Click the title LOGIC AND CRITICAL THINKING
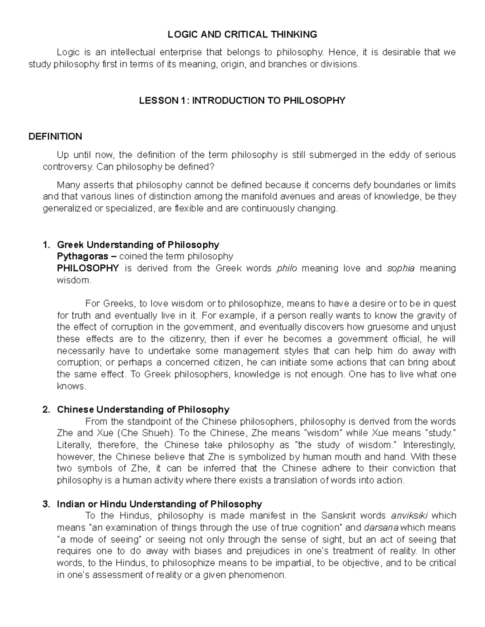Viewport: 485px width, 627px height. coord(242,35)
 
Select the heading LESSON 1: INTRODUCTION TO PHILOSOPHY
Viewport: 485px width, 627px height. coord(242,101)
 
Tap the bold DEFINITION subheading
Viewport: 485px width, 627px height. coord(55,136)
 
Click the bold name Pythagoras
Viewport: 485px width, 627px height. coord(82,256)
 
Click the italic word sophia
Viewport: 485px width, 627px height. coord(401,268)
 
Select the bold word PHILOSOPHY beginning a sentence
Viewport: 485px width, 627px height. coord(88,268)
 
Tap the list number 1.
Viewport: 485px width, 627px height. coord(46,245)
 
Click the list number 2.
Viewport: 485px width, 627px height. coord(46,409)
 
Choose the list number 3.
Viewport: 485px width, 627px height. coord(46,504)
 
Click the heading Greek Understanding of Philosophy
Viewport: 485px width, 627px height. coord(138,245)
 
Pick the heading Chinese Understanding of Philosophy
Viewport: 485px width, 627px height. coord(143,409)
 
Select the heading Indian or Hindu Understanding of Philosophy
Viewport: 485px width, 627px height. coord(159,504)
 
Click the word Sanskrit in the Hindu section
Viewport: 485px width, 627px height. coord(338,516)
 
